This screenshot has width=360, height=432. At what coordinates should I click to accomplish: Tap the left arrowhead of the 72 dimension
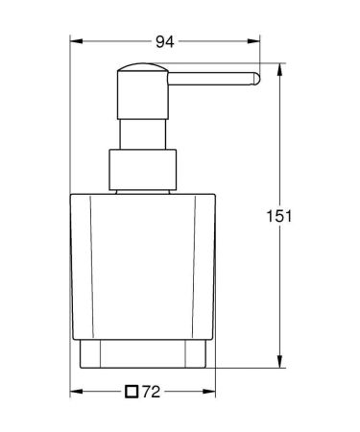coord(78,392)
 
